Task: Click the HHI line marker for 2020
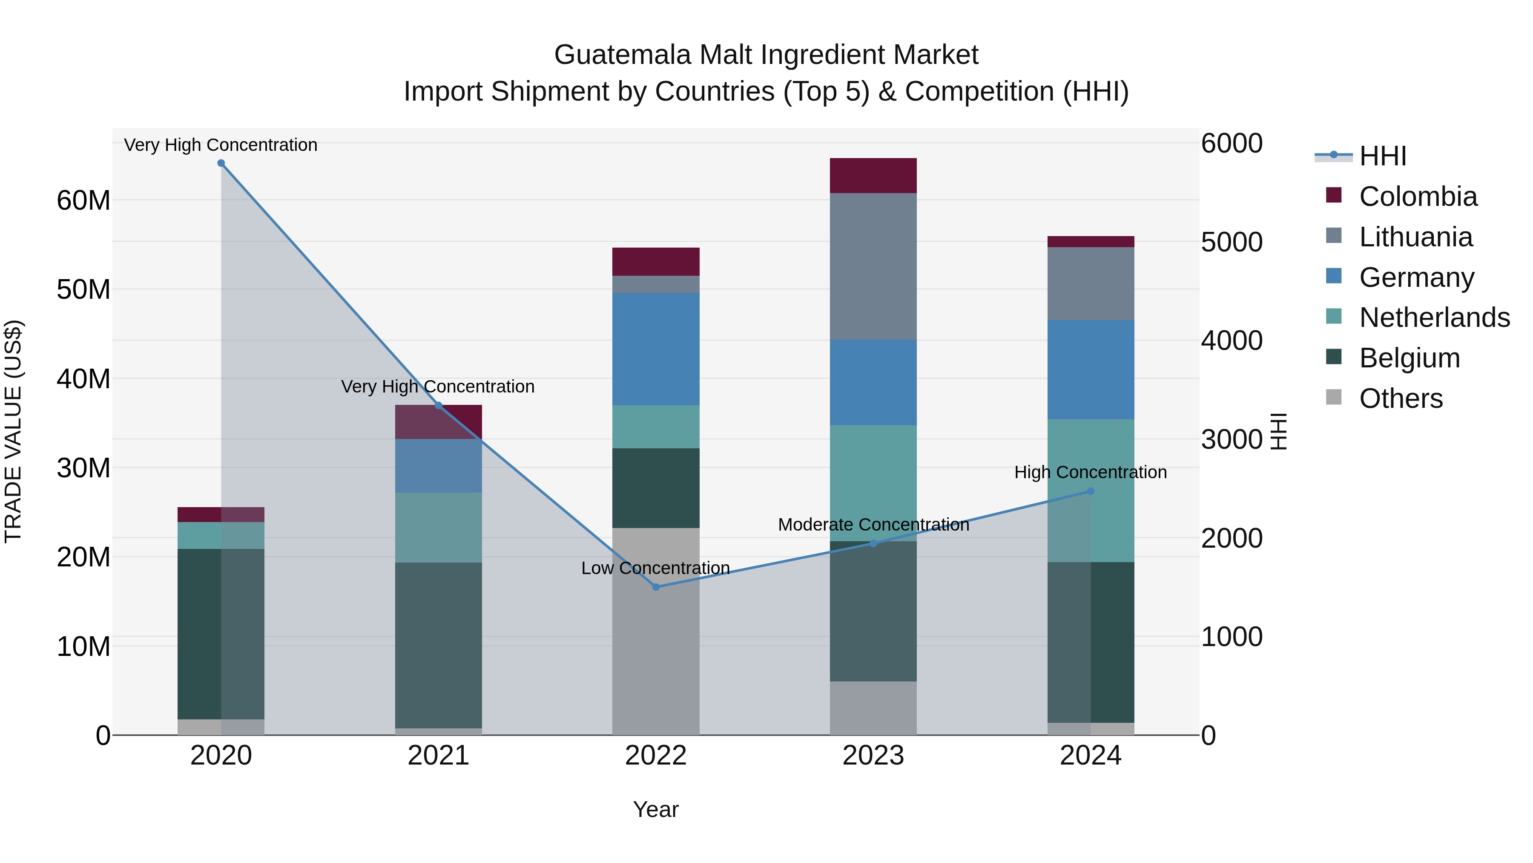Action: (x=221, y=163)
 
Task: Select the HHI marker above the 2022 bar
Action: (x=656, y=587)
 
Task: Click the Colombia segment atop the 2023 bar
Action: (x=873, y=176)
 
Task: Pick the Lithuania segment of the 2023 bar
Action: (x=873, y=266)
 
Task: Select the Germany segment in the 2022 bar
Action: (x=656, y=349)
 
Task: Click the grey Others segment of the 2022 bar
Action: (x=656, y=631)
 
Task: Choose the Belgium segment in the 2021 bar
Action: (x=439, y=645)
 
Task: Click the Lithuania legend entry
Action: (x=1415, y=237)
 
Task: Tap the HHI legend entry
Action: (x=1382, y=156)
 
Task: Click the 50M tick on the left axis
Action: (x=83, y=289)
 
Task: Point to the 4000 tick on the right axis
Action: (x=1231, y=341)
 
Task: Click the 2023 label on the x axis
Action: (x=873, y=756)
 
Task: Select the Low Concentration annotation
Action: (x=655, y=568)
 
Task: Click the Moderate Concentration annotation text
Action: (x=873, y=525)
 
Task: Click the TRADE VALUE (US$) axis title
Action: (x=13, y=431)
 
